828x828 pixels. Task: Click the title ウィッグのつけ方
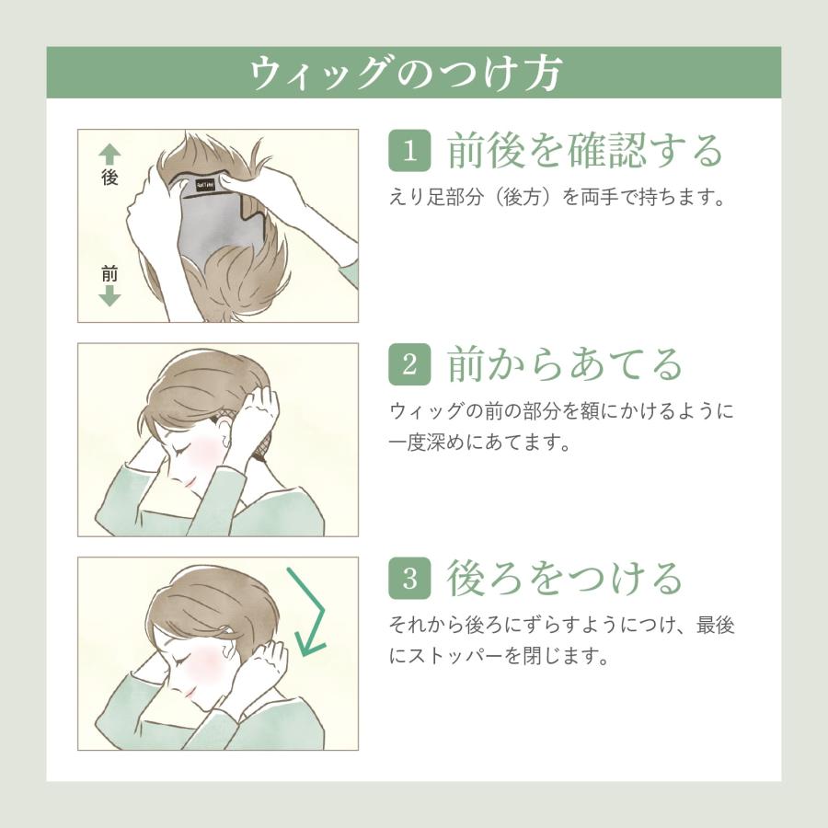click(x=405, y=73)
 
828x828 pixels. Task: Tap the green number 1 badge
click(x=409, y=151)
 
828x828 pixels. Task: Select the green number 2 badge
click(x=409, y=364)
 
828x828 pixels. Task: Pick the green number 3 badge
click(x=409, y=579)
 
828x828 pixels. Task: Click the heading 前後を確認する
click(x=584, y=151)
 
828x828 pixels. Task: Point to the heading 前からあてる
click(x=565, y=364)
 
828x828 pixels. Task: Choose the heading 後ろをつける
click(x=565, y=579)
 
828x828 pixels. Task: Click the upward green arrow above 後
click(x=109, y=155)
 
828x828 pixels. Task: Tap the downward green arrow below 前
click(x=109, y=296)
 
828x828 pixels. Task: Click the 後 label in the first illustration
click(x=109, y=177)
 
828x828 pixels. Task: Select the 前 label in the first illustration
click(x=109, y=273)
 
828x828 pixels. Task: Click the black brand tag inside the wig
click(x=205, y=185)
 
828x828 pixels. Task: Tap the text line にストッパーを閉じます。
click(x=500, y=656)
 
